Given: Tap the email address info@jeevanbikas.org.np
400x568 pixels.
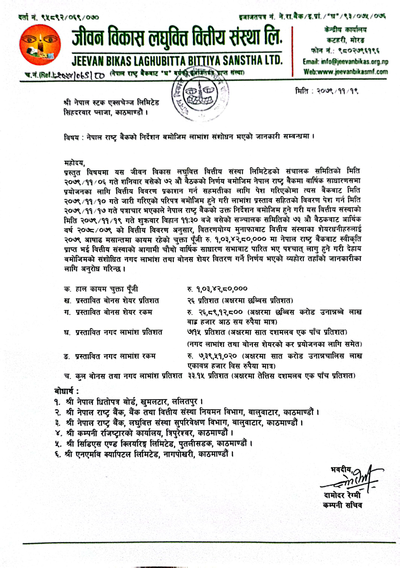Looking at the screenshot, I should (345, 63).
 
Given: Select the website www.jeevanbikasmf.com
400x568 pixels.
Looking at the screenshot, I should (346, 71).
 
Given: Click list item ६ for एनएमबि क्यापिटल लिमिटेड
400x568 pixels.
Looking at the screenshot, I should (142, 454).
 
